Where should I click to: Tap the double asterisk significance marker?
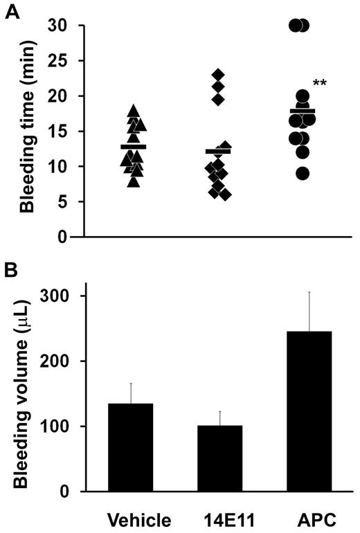click(x=320, y=84)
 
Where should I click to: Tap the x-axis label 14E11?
click(x=219, y=518)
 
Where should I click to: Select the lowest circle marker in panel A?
click(x=303, y=174)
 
